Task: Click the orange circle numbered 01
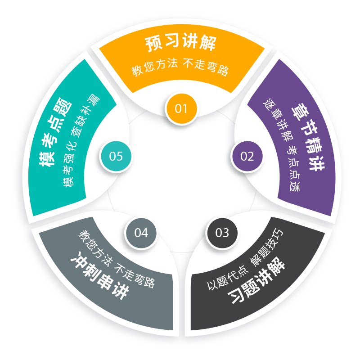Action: pos(181,108)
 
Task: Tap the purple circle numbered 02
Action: pos(247,156)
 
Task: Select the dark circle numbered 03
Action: pos(222,233)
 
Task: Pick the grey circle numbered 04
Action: pos(141,233)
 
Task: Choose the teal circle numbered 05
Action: pos(116,156)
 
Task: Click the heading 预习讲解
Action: pos(181,44)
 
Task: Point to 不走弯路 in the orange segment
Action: pos(207,70)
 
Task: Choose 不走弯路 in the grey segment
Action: pos(135,274)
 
